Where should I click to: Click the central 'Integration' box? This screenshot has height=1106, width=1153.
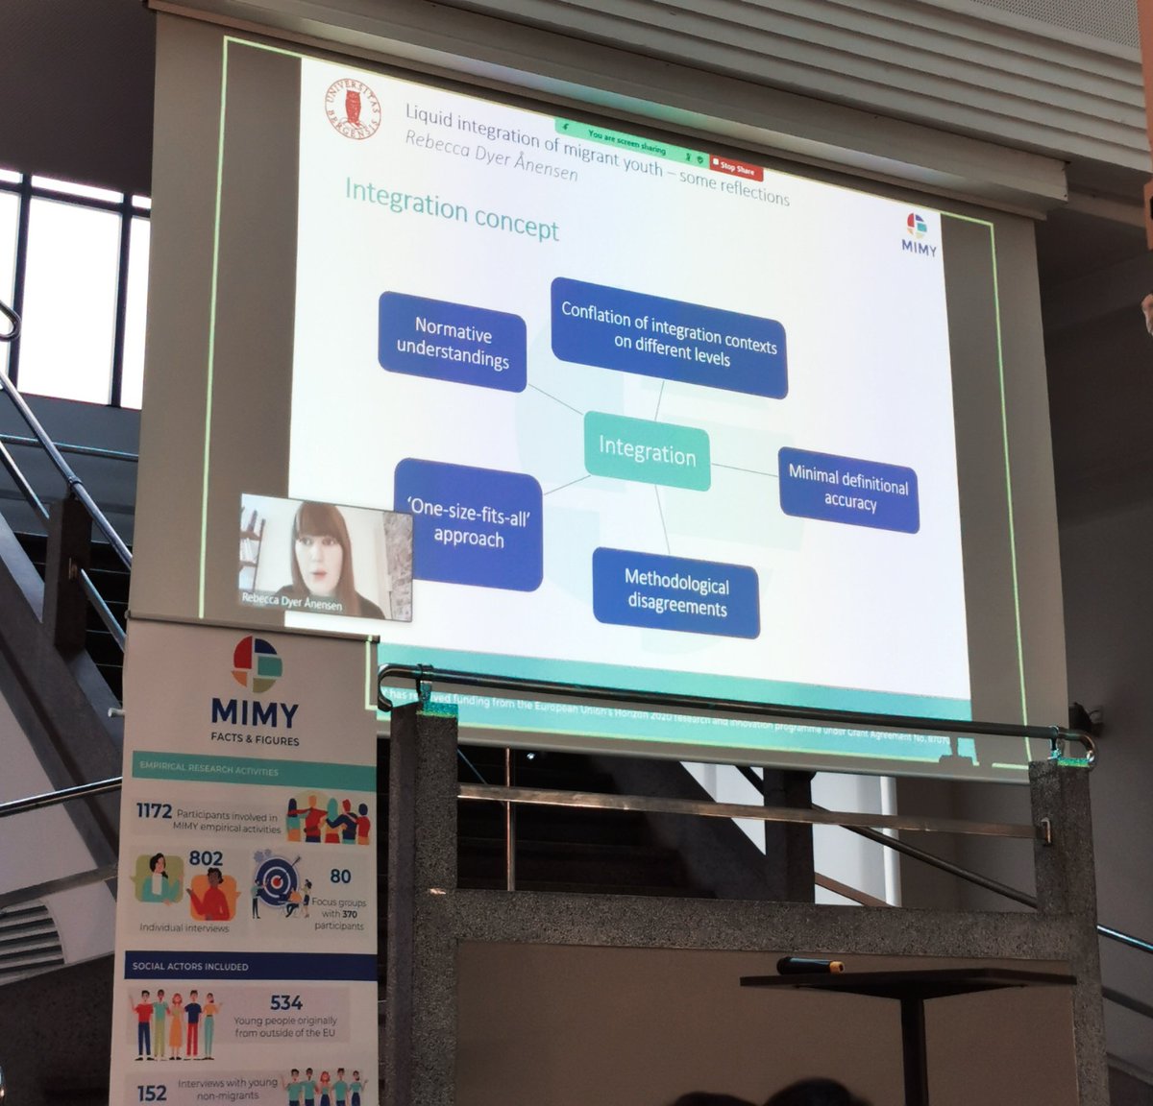[x=647, y=450]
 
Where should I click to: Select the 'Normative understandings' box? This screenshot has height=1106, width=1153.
[x=453, y=343]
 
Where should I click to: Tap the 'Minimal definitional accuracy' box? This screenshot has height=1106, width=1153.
[x=848, y=489]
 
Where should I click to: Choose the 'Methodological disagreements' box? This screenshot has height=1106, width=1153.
[x=676, y=591]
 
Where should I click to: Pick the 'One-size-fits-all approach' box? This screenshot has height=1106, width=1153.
[x=469, y=524]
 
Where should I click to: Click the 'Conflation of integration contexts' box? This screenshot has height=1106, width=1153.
[x=670, y=336]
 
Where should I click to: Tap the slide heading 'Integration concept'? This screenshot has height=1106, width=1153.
[x=452, y=208]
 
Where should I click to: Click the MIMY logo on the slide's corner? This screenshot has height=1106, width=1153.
[x=919, y=233]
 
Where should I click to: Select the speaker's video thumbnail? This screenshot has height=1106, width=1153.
[x=325, y=557]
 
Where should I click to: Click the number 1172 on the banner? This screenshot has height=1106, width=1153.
[x=154, y=811]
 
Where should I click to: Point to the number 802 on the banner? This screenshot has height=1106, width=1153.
[x=206, y=857]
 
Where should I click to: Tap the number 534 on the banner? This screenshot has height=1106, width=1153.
[x=286, y=1003]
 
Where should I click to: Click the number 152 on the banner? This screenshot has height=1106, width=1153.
[x=152, y=1093]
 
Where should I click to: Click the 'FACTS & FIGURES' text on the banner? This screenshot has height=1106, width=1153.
[x=255, y=740]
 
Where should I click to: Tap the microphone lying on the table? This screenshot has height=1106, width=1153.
[x=809, y=965]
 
